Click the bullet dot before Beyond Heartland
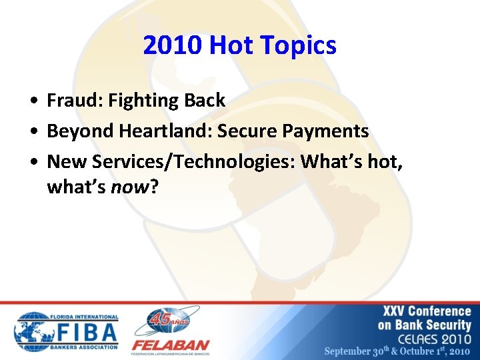(33, 132)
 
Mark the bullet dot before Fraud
(33, 101)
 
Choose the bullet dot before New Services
(33, 162)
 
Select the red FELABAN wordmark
(171, 346)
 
